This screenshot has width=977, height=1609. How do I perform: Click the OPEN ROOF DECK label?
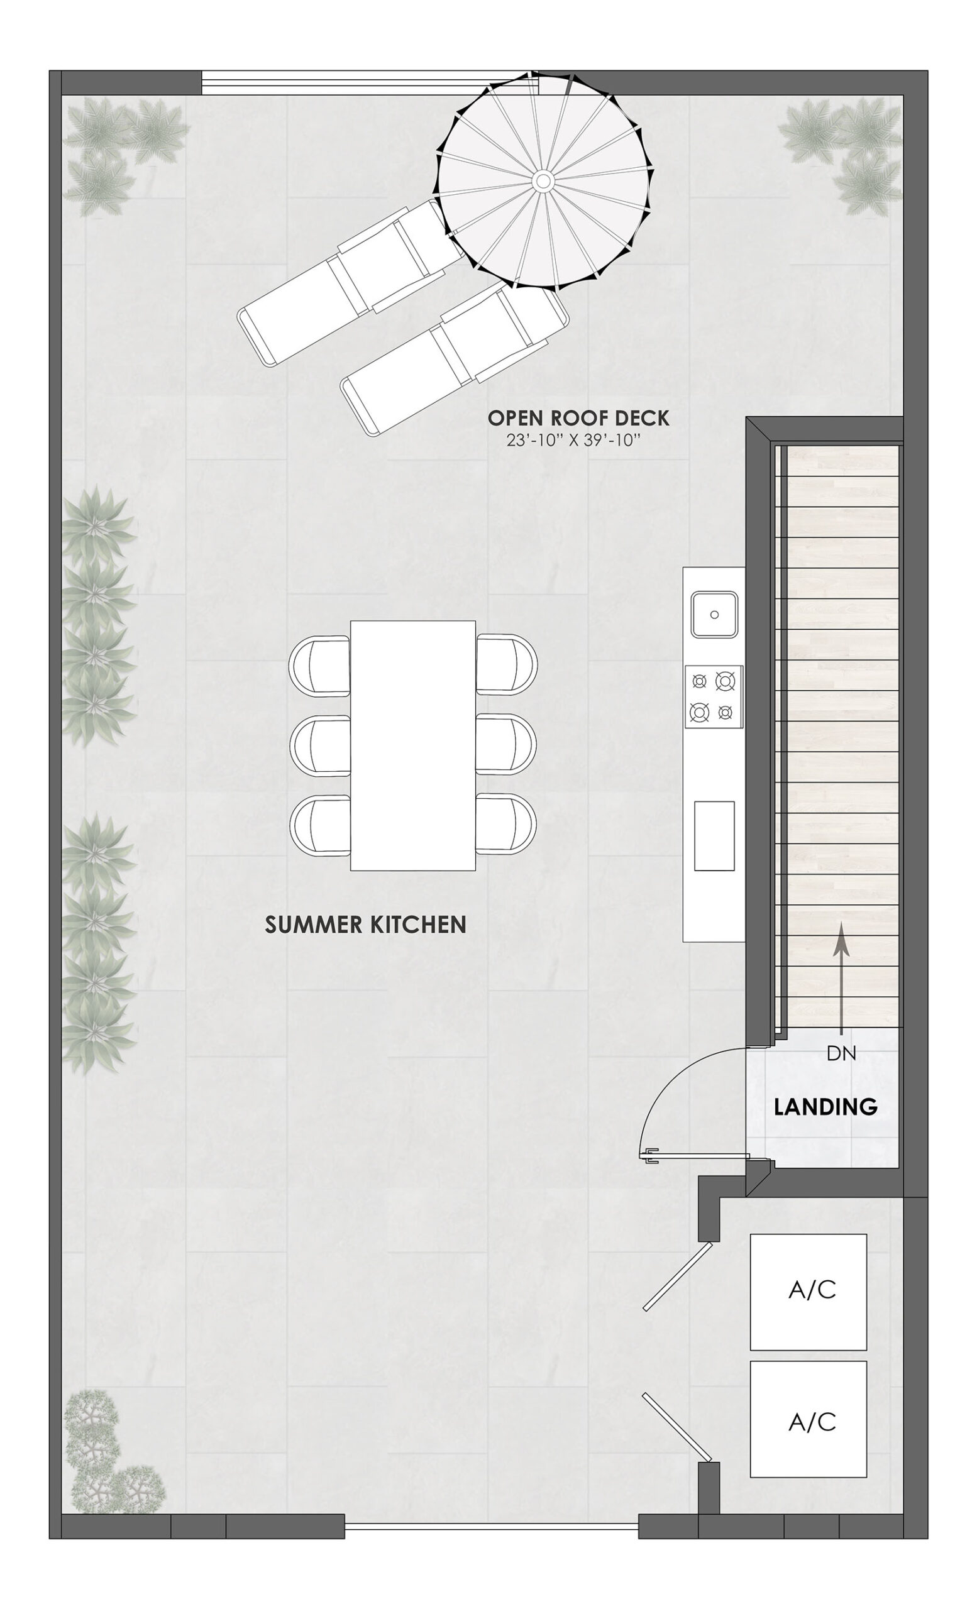point(578,418)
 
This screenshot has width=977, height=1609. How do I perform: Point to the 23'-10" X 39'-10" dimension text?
point(572,440)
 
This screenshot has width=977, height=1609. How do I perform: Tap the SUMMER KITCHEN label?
point(365,925)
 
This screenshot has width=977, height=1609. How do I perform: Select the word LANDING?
point(825,1107)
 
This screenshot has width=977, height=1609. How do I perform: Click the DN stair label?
point(841,1053)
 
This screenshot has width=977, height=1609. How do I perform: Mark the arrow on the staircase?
point(841,979)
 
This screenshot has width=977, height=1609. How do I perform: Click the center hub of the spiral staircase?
point(541,181)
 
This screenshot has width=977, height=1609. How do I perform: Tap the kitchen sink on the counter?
point(714,614)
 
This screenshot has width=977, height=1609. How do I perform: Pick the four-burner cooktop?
point(713,696)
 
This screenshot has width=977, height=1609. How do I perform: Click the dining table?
point(413,745)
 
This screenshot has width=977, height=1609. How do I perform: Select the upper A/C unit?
point(808,1292)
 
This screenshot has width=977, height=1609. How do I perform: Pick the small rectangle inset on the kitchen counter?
point(714,836)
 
